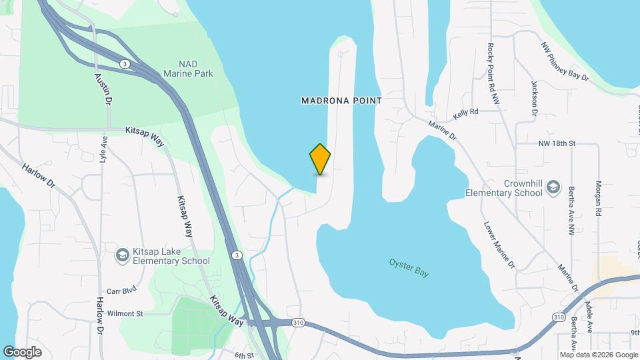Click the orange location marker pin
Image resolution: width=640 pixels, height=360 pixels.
320,159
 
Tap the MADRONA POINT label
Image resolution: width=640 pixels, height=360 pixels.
341,101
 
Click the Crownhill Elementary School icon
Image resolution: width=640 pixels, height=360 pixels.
553,189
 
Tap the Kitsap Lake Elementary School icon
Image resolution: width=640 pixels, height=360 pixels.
122,256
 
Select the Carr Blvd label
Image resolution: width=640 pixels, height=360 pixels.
121,291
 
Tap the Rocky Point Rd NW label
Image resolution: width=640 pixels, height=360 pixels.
493,73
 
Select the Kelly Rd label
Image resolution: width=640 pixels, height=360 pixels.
466,113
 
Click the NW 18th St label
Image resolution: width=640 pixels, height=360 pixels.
556,143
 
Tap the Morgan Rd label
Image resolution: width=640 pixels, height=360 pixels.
598,198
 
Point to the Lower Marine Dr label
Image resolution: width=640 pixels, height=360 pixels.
499,245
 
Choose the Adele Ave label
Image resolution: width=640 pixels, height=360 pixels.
588,317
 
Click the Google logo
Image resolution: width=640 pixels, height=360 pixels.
22,352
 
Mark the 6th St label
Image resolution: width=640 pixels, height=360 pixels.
245,355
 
